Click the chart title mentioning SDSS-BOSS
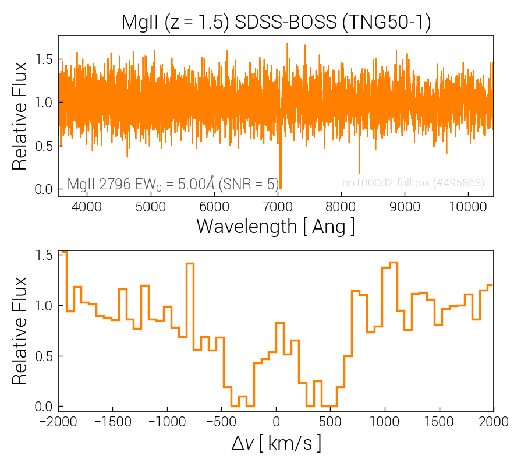275,22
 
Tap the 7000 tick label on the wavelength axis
278,206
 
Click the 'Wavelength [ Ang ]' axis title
275,226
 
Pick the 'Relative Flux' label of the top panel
20,115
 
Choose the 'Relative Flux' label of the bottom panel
20,331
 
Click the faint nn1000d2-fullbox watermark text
413,183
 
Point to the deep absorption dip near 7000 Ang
281,175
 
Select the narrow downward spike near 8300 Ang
359,169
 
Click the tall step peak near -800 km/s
190,264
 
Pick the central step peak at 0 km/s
279,323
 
